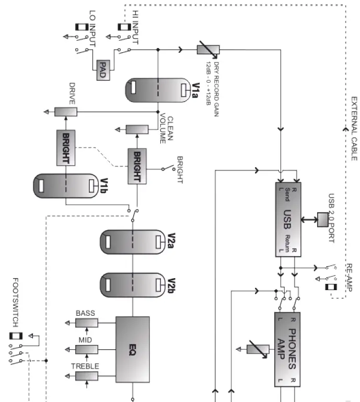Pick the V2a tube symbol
coord(133,241)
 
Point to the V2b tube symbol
coord(133,284)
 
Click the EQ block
coord(132,348)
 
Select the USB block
coord(288,220)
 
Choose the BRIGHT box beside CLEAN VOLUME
coord(137,166)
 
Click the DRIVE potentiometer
coord(66,112)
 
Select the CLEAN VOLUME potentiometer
coord(137,129)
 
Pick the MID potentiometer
coord(86,349)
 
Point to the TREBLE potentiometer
coord(86,377)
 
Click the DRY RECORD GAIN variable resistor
coord(207,50)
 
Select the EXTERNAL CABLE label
coord(354,129)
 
